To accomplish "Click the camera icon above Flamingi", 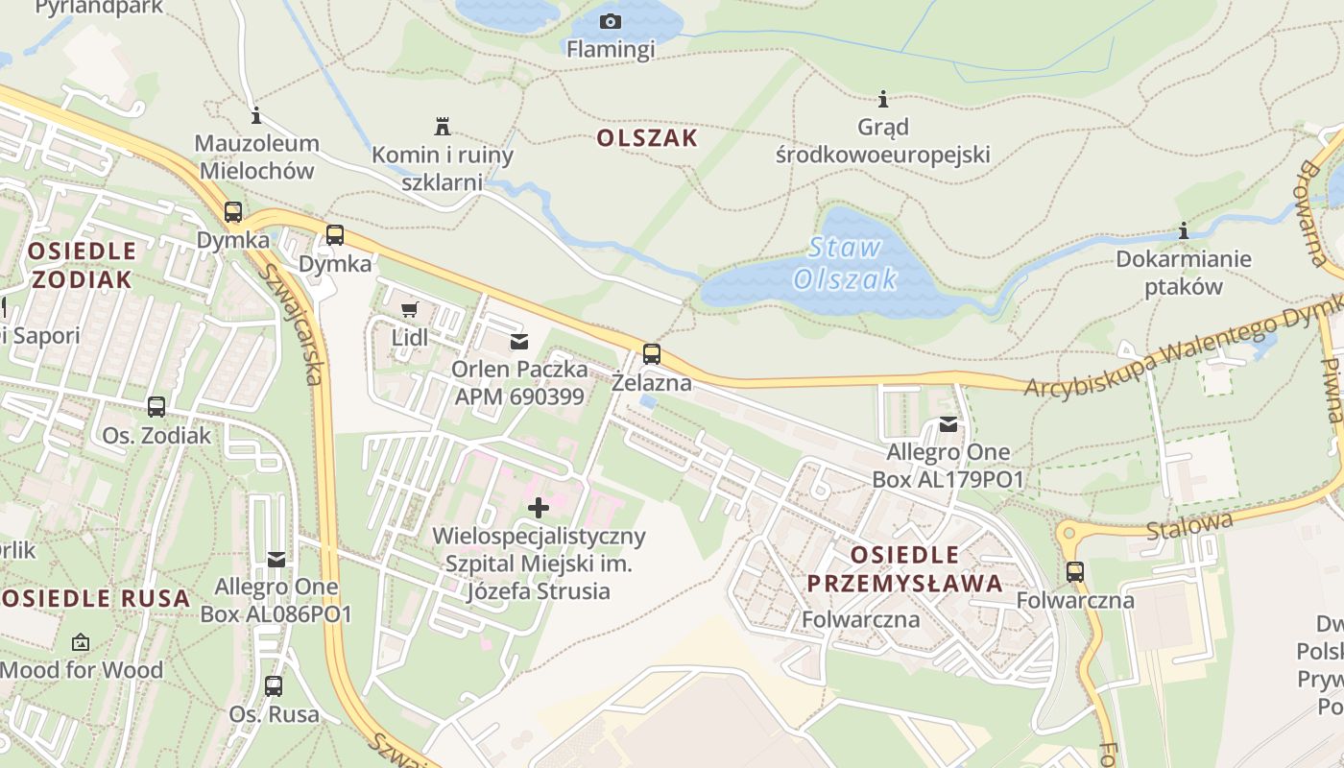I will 611,21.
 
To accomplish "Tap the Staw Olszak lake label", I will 845,263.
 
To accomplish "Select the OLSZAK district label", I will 647,138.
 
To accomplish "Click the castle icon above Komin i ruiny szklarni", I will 443,126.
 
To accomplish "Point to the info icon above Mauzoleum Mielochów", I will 255,116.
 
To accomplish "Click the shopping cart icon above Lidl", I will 410,309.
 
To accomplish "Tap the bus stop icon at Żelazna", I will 652,354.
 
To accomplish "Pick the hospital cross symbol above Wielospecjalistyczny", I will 539,507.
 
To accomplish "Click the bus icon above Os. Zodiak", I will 156,407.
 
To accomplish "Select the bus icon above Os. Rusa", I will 274,685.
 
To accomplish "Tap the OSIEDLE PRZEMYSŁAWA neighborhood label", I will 904,568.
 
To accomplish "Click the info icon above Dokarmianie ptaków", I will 1184,231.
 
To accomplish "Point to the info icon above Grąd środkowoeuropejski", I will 883,98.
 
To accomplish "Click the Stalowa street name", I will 1189,526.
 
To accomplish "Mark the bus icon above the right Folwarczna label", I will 1075,572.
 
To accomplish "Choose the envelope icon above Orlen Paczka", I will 519,341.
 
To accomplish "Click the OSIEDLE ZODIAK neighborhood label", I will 82,265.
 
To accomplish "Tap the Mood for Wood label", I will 82,670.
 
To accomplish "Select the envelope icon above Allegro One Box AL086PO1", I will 276,559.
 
